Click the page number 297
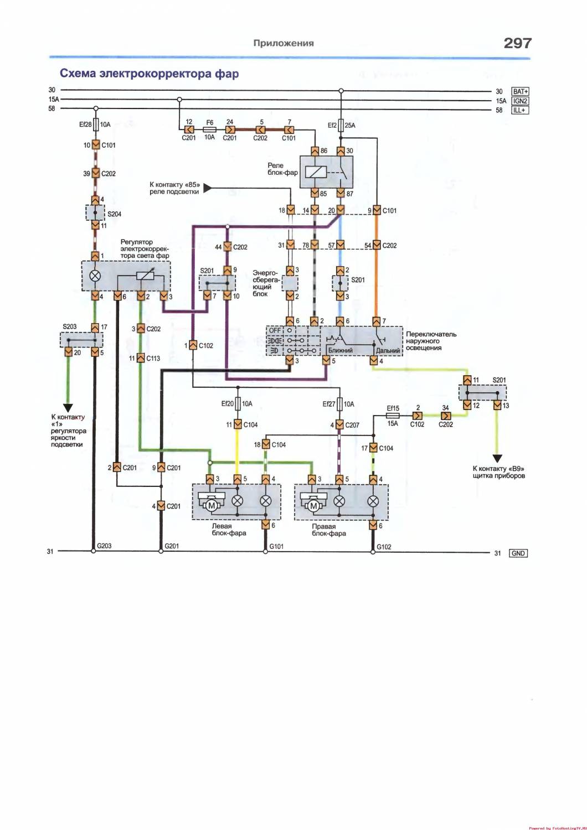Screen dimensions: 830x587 [517, 43]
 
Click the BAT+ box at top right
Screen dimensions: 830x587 [520, 91]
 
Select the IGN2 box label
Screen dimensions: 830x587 [520, 101]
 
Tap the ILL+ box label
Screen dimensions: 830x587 [520, 110]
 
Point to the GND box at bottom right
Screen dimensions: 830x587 [518, 553]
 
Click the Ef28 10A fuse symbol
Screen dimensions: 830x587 [96, 124]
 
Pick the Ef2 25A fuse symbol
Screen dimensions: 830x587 [341, 126]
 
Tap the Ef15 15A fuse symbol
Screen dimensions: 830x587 [393, 415]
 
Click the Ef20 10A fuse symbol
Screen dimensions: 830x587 [238, 403]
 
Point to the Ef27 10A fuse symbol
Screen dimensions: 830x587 [341, 404]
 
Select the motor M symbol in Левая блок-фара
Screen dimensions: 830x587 [210, 505]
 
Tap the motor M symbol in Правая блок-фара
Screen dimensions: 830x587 [313, 505]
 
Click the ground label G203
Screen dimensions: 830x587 [104, 546]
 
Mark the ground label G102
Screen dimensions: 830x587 [384, 547]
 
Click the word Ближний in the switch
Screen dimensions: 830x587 [340, 350]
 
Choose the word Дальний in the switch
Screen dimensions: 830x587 [388, 350]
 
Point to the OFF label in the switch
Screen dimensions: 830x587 [275, 330]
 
